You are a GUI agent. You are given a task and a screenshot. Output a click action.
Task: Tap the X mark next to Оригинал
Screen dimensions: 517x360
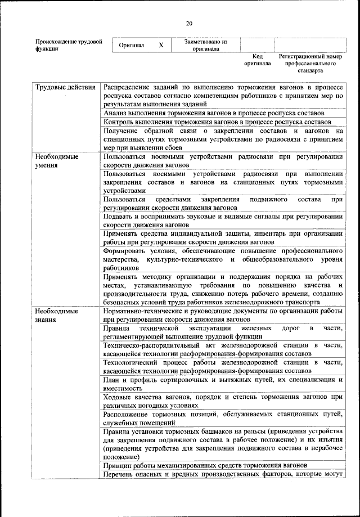[161, 45]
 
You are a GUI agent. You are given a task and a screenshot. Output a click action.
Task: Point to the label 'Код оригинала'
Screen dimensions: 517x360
[257, 60]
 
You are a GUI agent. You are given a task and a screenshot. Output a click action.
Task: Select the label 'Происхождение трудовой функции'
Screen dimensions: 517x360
[68, 45]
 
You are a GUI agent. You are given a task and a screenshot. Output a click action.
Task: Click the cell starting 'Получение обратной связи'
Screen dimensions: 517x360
[223, 138]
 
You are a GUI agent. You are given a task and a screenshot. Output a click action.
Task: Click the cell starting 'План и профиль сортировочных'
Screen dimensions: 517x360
[223, 384]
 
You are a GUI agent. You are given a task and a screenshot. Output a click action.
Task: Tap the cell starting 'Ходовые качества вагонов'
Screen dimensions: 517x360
[223, 401]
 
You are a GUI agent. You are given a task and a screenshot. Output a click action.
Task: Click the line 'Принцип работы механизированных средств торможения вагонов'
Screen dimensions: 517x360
[205, 465]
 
